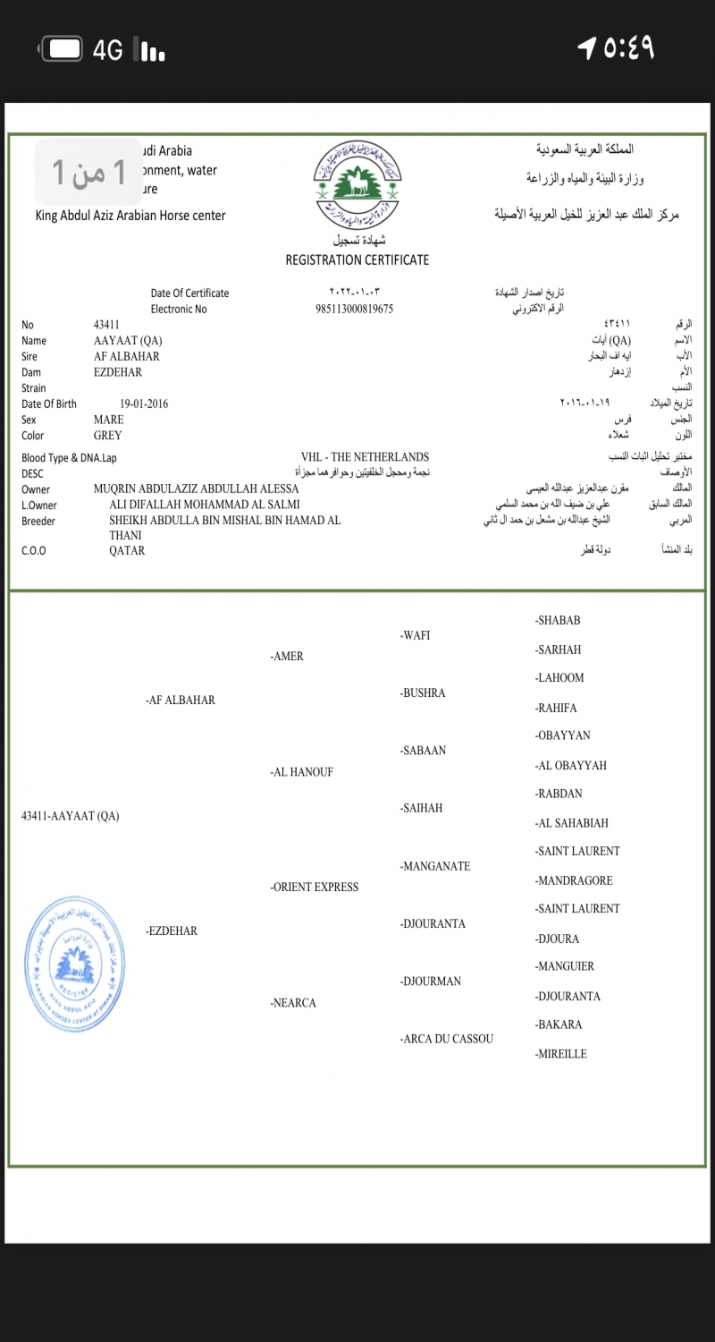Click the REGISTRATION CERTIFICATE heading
(x=357, y=259)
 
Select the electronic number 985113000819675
(x=355, y=309)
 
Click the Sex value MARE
(x=109, y=420)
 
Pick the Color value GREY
(x=108, y=436)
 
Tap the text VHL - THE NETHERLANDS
(x=365, y=457)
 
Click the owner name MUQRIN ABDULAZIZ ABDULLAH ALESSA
(x=196, y=489)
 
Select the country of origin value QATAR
(x=127, y=551)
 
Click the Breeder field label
(x=38, y=522)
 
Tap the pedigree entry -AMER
(x=287, y=657)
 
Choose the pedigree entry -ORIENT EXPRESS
(x=315, y=888)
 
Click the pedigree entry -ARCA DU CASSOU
(x=447, y=1039)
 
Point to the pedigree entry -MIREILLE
(x=561, y=1054)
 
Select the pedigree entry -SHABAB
(x=558, y=621)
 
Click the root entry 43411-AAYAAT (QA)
(x=70, y=816)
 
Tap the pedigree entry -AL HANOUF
(x=302, y=772)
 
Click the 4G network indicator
(x=108, y=51)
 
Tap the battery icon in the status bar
(x=62, y=49)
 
